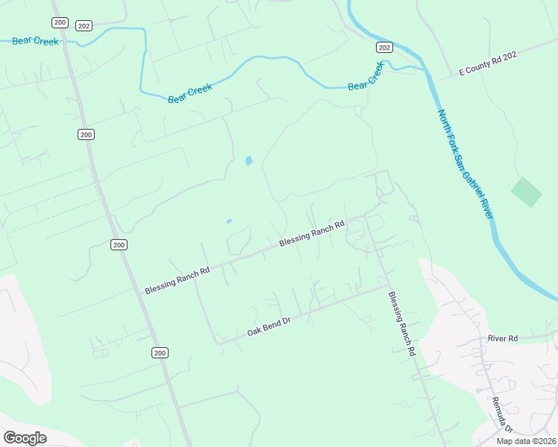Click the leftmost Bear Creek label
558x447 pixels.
[x=35, y=41]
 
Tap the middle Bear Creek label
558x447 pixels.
[x=190, y=93]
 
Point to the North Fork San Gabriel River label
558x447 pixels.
[x=465, y=164]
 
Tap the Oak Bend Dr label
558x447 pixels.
[x=268, y=326]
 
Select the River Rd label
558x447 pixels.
[x=502, y=338]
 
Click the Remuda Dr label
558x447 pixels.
[x=502, y=415]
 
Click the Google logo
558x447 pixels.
[x=25, y=437]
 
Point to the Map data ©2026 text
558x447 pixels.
[x=525, y=441]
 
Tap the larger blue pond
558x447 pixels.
[x=248, y=160]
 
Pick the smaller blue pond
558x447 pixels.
[x=229, y=221]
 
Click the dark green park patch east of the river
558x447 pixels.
[x=527, y=192]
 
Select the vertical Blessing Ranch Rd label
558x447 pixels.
[x=401, y=323]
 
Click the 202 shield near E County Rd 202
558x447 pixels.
[x=383, y=47]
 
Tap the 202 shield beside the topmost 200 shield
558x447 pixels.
[x=84, y=25]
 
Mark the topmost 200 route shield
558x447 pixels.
[x=60, y=22]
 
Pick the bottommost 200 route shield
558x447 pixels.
[x=160, y=352]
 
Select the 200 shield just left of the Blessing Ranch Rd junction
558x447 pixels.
[x=119, y=244]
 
